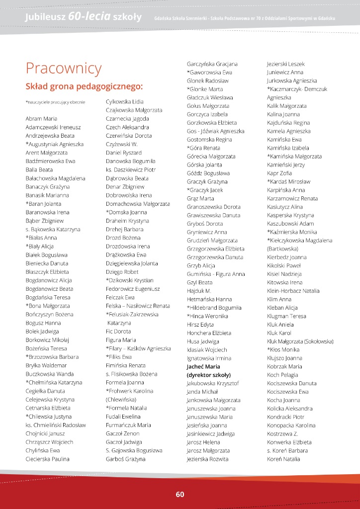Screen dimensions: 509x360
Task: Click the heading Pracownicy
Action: click(63, 68)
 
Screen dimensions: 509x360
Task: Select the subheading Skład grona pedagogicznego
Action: click(84, 86)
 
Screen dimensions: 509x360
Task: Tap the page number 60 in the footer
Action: click(180, 494)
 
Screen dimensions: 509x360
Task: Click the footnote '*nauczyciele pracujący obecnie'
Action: click(55, 102)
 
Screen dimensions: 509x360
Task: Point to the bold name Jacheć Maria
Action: click(206, 367)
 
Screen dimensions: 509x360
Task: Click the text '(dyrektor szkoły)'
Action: click(209, 375)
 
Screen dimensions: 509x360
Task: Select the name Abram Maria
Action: click(41, 119)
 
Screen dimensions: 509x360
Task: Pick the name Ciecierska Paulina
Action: click(47, 459)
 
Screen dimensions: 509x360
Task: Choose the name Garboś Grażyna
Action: click(126, 459)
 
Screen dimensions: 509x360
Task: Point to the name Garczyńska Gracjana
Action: click(212, 64)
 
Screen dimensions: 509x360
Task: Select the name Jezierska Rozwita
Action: click(208, 459)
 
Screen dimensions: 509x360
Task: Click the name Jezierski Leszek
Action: click(286, 64)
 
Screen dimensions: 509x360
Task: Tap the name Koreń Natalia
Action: click(283, 459)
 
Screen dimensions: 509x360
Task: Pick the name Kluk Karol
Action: click(279, 333)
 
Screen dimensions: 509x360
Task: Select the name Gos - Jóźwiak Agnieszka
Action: click(216, 131)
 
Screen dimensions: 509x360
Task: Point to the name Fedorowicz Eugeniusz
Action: click(133, 289)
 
